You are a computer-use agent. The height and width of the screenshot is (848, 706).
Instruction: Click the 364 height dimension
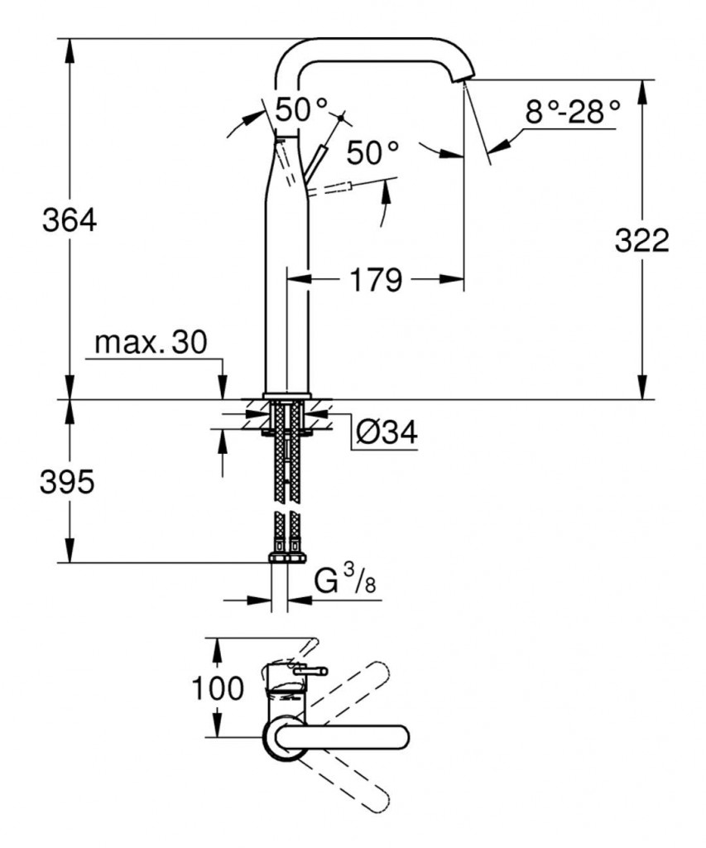(x=70, y=220)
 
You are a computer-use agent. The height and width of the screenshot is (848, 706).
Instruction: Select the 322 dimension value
(x=641, y=240)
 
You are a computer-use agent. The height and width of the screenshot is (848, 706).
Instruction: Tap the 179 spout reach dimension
(x=375, y=280)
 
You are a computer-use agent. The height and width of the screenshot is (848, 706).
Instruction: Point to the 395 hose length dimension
(x=67, y=482)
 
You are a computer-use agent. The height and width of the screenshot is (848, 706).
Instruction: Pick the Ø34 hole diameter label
(x=385, y=431)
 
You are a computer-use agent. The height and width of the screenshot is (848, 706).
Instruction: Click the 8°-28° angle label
(x=572, y=111)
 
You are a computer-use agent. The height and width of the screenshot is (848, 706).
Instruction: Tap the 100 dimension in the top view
(x=218, y=687)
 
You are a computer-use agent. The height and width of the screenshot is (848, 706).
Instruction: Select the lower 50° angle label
(x=372, y=152)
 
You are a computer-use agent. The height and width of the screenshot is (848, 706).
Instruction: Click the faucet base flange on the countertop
(x=286, y=395)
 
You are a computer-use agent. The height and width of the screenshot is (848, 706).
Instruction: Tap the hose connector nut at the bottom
(x=286, y=557)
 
